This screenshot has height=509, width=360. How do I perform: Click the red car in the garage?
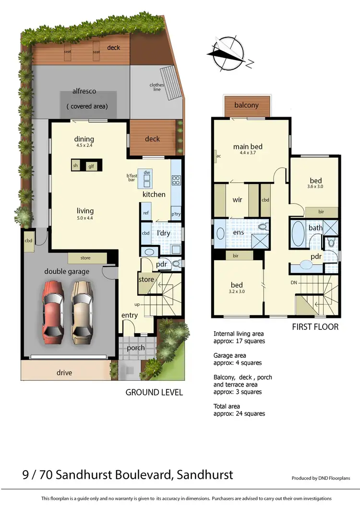pos(53,310)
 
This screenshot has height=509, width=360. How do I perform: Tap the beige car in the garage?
pos(83,310)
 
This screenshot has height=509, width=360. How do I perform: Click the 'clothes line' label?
pos(156,87)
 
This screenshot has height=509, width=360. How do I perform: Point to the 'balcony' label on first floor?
pos(246,105)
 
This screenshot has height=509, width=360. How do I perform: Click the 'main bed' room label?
pos(248,147)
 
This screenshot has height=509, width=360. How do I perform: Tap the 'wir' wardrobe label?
pos(237,199)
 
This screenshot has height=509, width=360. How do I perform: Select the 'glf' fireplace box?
pos(90,166)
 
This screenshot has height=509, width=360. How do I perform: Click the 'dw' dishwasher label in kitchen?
pos(147,172)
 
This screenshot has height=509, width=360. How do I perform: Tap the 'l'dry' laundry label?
pos(164,233)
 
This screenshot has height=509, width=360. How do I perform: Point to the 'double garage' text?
pos(67,271)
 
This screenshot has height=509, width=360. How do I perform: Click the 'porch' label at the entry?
pos(135,348)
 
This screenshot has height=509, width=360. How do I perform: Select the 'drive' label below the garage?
pos(64,373)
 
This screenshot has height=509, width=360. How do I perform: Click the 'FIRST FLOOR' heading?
pos(315,327)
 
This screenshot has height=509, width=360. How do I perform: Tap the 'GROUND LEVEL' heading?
pos(154,392)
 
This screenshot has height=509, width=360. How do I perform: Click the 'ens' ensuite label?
pos(239,232)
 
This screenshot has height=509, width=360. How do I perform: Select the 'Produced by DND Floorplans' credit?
pos(321,478)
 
